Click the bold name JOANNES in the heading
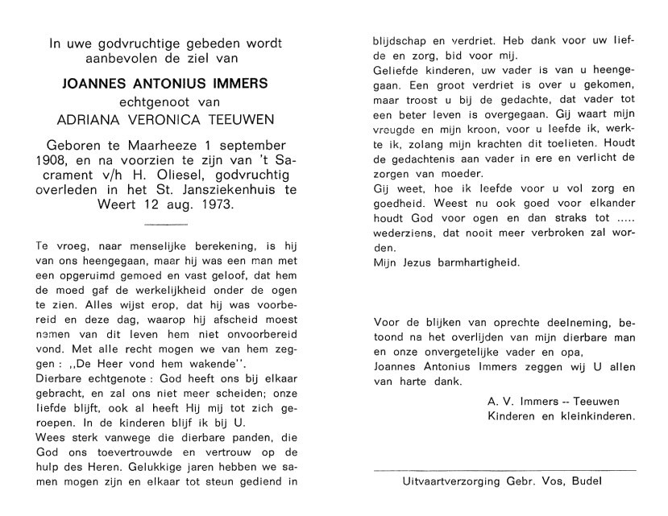click(91, 83)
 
